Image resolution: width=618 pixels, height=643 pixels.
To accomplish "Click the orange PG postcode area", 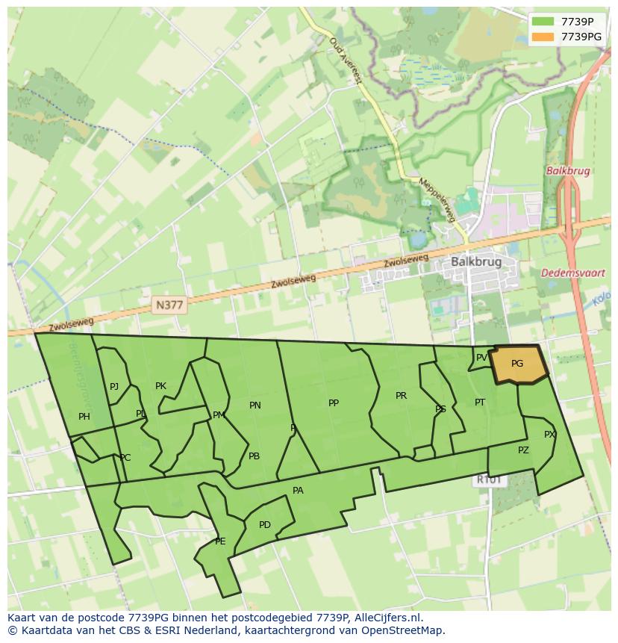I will (517, 364).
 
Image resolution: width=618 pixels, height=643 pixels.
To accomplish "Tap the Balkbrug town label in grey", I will (475, 262).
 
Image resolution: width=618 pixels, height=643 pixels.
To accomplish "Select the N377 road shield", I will (169, 304).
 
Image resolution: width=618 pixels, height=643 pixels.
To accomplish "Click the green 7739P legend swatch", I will (543, 22).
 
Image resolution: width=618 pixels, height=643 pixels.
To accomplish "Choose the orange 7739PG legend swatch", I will (543, 37).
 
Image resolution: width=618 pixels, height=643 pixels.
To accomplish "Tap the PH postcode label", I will (84, 417).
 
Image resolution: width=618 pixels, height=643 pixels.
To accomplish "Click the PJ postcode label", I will (114, 387).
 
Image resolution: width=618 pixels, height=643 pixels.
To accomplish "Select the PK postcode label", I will (160, 386).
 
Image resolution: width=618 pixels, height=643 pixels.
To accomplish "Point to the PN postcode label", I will (255, 406).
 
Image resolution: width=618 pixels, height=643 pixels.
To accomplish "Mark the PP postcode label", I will (334, 403).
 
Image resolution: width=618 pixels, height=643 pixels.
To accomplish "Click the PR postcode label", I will (401, 396).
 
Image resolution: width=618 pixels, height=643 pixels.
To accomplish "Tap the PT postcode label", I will (480, 403).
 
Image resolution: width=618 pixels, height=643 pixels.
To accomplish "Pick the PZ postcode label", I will (523, 450).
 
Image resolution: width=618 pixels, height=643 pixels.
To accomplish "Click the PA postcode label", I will (298, 491).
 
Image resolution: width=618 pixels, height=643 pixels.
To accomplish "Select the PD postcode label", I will (265, 525).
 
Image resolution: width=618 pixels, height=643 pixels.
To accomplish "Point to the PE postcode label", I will (220, 541).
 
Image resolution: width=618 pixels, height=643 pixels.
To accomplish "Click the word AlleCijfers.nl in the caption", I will (388, 618).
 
